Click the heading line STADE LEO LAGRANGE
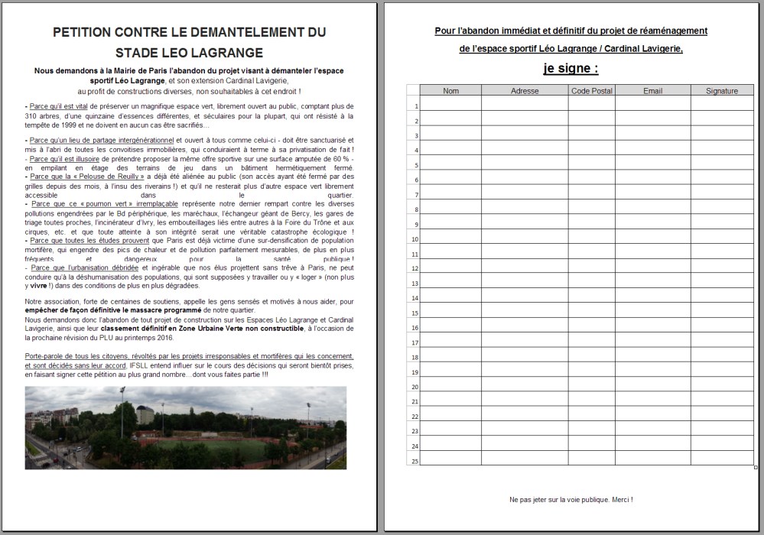[x=189, y=53]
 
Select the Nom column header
[x=450, y=91]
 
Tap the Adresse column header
[x=525, y=91]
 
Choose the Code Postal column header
[x=591, y=91]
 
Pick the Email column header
[x=652, y=91]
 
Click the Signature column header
[x=722, y=91]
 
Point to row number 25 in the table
[x=413, y=460]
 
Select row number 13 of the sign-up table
[x=413, y=284]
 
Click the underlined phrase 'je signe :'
[x=571, y=68]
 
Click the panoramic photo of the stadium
[x=185, y=427]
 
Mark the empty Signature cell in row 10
[x=722, y=239]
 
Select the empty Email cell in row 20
[x=652, y=386]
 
